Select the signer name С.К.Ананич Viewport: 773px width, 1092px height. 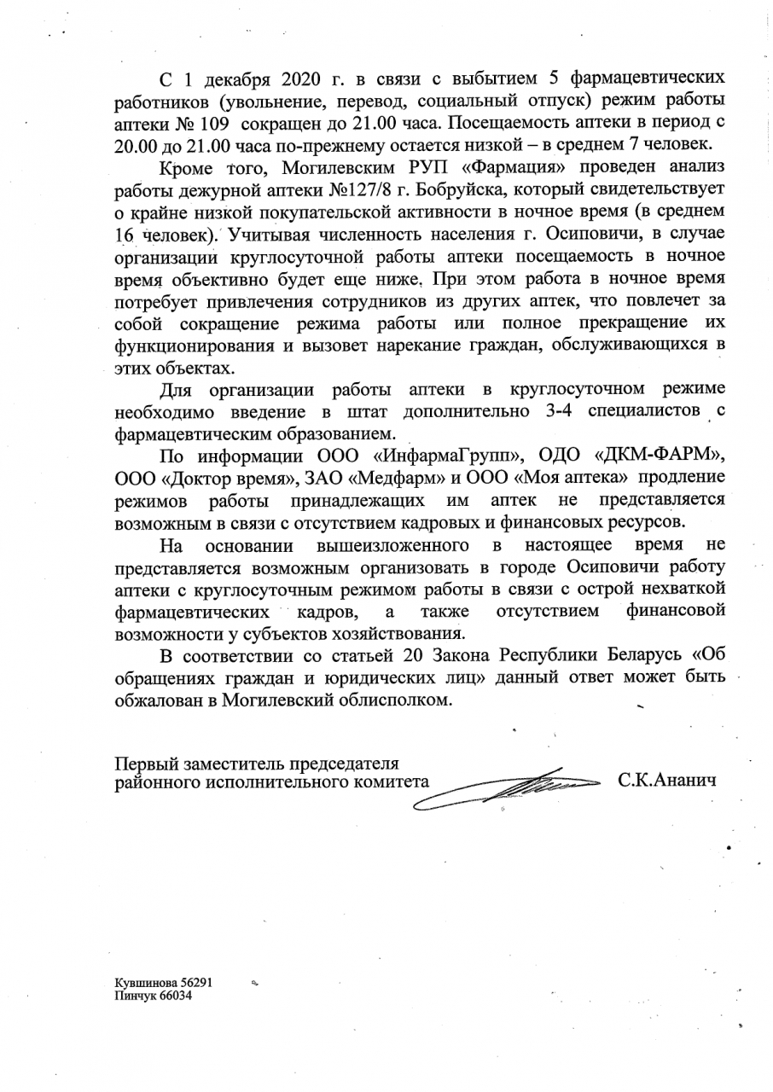(667, 781)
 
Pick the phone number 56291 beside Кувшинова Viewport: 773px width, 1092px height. (195, 982)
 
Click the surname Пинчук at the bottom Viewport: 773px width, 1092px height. (136, 996)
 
